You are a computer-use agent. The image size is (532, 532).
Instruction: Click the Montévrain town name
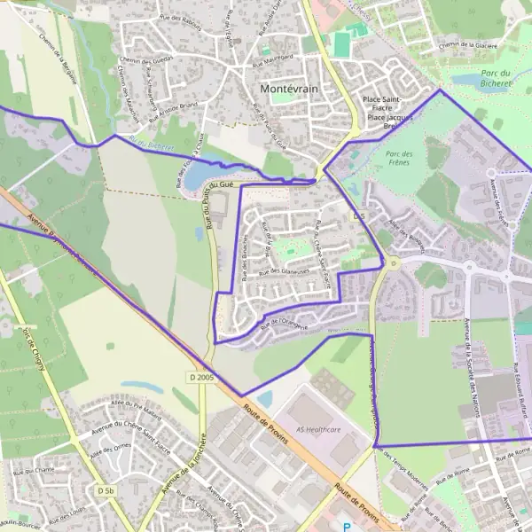[290, 90]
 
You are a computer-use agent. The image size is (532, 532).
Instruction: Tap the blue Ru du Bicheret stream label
[151, 144]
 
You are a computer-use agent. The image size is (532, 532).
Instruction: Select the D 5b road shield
[106, 490]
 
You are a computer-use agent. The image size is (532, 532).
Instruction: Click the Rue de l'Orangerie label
[284, 324]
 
